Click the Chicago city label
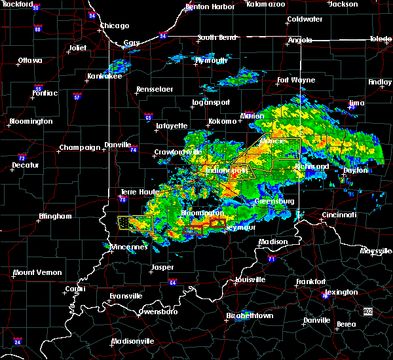pyautogui.click(x=113, y=26)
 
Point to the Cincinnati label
pyautogui.click(x=339, y=215)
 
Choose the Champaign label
pyautogui.click(x=80, y=147)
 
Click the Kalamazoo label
pyautogui.click(x=265, y=4)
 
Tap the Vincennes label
pyautogui.click(x=132, y=247)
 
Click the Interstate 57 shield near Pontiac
pyautogui.click(x=77, y=97)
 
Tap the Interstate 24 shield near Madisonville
pyautogui.click(x=18, y=342)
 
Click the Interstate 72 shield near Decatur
pyautogui.click(x=22, y=158)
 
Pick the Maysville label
pyautogui.click(x=375, y=251)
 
